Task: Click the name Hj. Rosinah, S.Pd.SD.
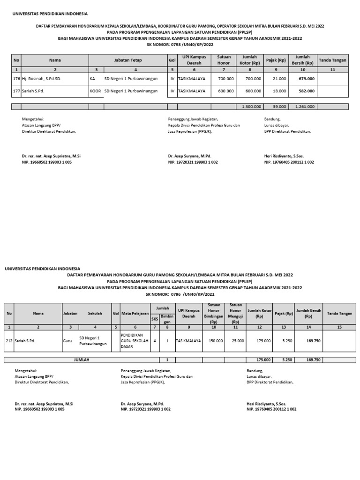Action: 41,79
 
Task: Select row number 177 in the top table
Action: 16,91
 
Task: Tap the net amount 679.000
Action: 307,79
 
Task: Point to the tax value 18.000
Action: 279,91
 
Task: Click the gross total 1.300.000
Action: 251,107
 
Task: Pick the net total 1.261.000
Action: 305,107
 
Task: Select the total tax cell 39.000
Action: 279,107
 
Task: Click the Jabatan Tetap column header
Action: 127,60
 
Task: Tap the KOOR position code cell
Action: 95,91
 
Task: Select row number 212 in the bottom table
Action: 9,341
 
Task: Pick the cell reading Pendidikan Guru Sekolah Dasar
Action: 134,341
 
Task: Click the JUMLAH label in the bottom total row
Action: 82,360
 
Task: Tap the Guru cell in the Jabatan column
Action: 67,341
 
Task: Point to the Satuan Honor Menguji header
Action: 235,313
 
